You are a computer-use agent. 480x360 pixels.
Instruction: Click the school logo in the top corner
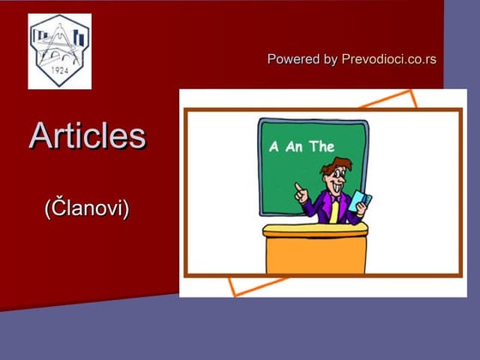tap(59, 51)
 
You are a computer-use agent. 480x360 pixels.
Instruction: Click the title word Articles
tap(87, 135)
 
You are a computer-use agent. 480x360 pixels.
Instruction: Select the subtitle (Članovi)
tap(87, 207)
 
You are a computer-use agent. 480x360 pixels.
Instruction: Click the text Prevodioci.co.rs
tap(388, 59)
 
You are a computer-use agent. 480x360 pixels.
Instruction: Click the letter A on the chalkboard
tap(274, 147)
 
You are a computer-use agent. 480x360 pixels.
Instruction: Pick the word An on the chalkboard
tap(295, 147)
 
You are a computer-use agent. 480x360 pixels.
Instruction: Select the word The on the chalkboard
tap(322, 147)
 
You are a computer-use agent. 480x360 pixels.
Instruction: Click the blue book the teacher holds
tap(360, 204)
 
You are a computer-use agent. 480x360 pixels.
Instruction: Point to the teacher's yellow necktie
tap(333, 211)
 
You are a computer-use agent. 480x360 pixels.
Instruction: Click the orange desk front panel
tap(315, 255)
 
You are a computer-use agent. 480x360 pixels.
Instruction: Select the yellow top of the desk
tap(315, 230)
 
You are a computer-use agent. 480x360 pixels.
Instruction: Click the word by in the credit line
tap(330, 59)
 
